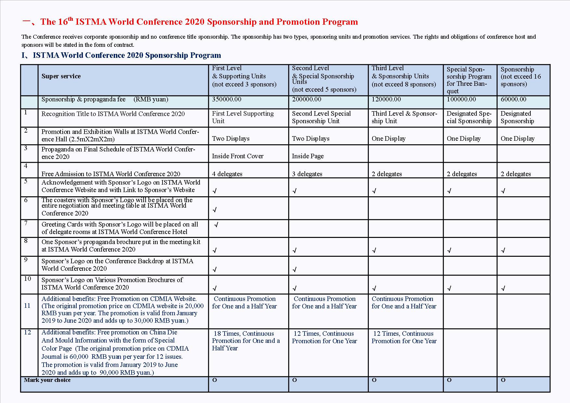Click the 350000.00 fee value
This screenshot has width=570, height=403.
227,99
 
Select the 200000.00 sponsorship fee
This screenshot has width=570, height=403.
306,99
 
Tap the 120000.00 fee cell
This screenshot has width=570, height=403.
386,99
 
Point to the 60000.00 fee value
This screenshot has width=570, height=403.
513,99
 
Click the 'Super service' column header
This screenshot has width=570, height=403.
61,76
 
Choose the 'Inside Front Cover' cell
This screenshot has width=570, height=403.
238,156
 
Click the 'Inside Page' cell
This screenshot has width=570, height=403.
308,156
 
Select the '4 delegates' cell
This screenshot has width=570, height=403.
227,174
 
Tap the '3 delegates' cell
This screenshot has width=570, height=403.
307,174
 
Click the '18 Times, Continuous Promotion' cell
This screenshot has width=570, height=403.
246,341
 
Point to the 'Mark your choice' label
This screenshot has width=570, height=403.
47,380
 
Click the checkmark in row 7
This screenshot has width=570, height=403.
216,225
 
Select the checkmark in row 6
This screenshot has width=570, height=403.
214,210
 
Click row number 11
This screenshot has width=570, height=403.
27,306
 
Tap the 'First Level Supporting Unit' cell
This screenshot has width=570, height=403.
243,117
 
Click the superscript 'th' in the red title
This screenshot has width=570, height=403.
71,19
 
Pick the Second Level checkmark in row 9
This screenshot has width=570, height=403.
294,269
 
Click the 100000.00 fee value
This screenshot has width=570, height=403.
461,99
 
